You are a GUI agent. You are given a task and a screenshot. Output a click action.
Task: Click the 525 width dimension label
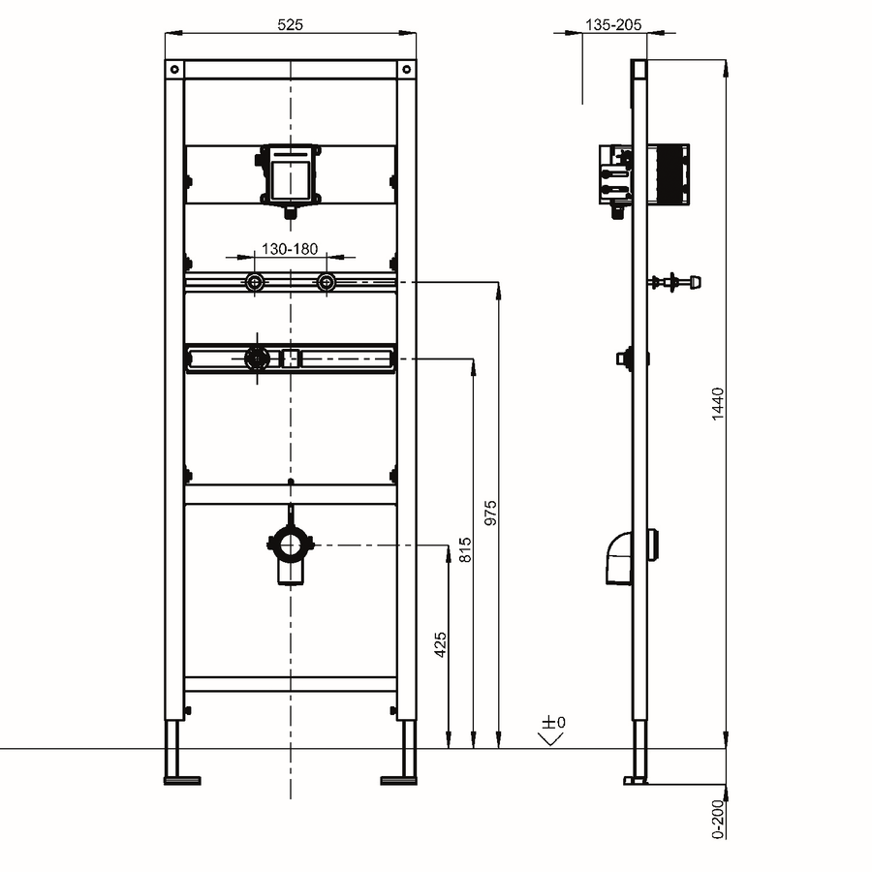pos(290,24)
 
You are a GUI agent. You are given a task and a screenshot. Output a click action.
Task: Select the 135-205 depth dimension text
pos(613,24)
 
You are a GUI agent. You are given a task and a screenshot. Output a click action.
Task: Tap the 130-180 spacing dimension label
pos(290,249)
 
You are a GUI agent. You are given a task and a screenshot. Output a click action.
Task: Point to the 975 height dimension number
pos(490,513)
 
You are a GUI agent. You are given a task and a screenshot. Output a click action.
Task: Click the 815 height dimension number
pos(465,549)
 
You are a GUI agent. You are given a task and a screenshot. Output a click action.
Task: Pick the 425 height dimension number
pos(441,644)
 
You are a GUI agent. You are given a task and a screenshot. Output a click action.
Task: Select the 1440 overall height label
pos(718,404)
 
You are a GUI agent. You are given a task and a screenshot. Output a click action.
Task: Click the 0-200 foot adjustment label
pos(718,819)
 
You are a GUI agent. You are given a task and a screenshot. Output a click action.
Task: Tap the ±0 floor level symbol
pos(552,731)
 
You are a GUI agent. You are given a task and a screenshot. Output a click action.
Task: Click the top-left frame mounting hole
pos(174,70)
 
